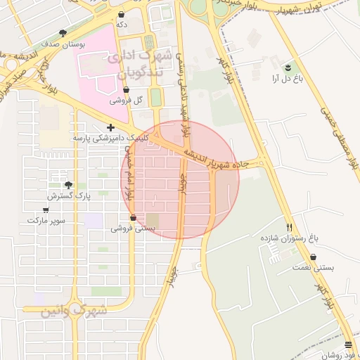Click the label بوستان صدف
63,44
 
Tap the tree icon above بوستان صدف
63,33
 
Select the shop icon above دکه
122,14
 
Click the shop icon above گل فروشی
126,90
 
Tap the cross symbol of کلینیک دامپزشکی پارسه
110,128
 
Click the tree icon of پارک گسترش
68,186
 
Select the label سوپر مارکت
46,220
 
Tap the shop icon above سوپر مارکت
46,210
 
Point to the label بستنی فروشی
133,229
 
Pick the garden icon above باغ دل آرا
288,67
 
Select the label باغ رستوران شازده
290,239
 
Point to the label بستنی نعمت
314,268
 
